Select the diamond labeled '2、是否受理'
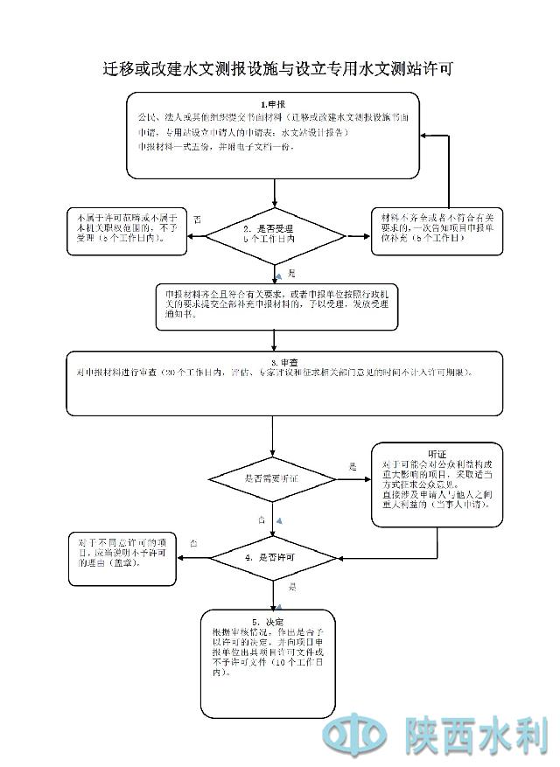[274, 234]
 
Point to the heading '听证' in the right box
[437, 453]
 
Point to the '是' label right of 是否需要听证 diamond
[353, 465]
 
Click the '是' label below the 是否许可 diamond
[292, 586]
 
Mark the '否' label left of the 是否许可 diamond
[193, 544]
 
